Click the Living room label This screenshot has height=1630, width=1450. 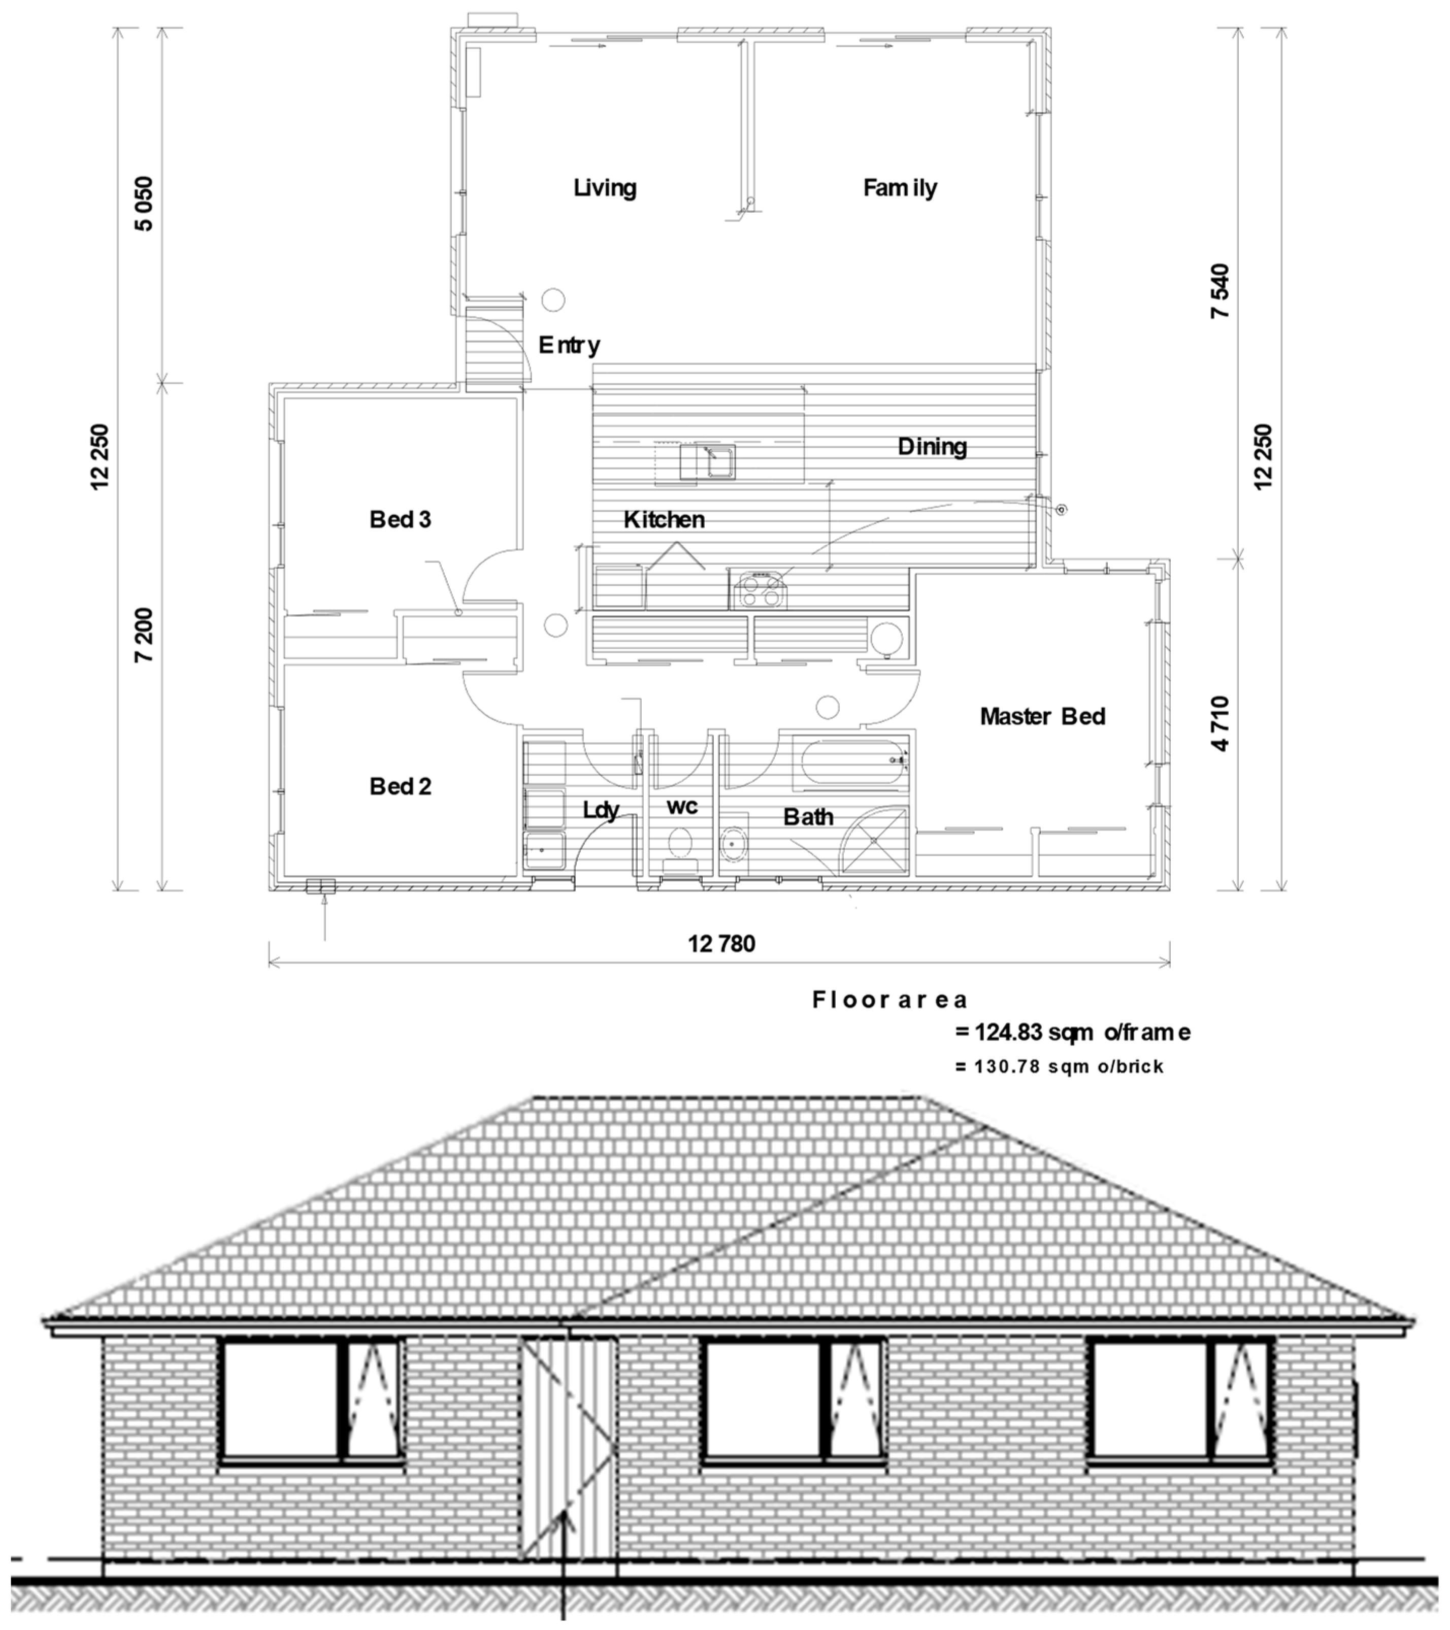click(605, 188)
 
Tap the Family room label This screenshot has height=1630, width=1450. click(900, 188)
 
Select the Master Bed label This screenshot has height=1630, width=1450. click(1042, 716)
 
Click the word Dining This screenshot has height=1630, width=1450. click(932, 447)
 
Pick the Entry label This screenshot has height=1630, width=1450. click(569, 345)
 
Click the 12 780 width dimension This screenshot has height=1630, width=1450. click(721, 944)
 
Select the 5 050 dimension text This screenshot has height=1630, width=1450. click(144, 204)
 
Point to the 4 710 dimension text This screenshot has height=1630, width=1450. click(1221, 723)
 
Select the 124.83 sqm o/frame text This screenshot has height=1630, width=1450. click(1073, 1033)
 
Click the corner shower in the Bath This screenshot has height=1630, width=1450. click(875, 841)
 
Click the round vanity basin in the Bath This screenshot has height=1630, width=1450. click(734, 843)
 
